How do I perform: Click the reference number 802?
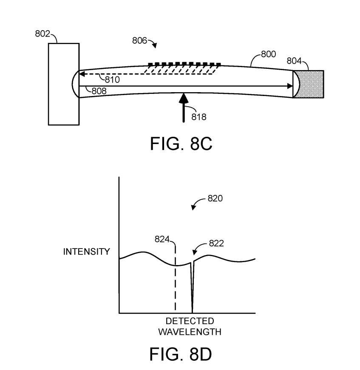43,34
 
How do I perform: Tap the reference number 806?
139,41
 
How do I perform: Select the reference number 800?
269,54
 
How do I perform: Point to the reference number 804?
294,61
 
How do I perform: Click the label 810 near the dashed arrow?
112,80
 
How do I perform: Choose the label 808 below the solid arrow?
99,91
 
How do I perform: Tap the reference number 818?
199,117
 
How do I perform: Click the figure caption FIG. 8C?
181,144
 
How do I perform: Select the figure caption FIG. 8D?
181,354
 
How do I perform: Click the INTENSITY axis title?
87,251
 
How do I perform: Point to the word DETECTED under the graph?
190,321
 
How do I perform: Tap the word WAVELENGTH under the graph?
190,332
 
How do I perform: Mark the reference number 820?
215,198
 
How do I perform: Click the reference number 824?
162,239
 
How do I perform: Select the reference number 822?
216,243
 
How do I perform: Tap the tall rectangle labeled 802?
64,84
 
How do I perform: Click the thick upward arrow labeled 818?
184,108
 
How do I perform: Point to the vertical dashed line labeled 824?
175,278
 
